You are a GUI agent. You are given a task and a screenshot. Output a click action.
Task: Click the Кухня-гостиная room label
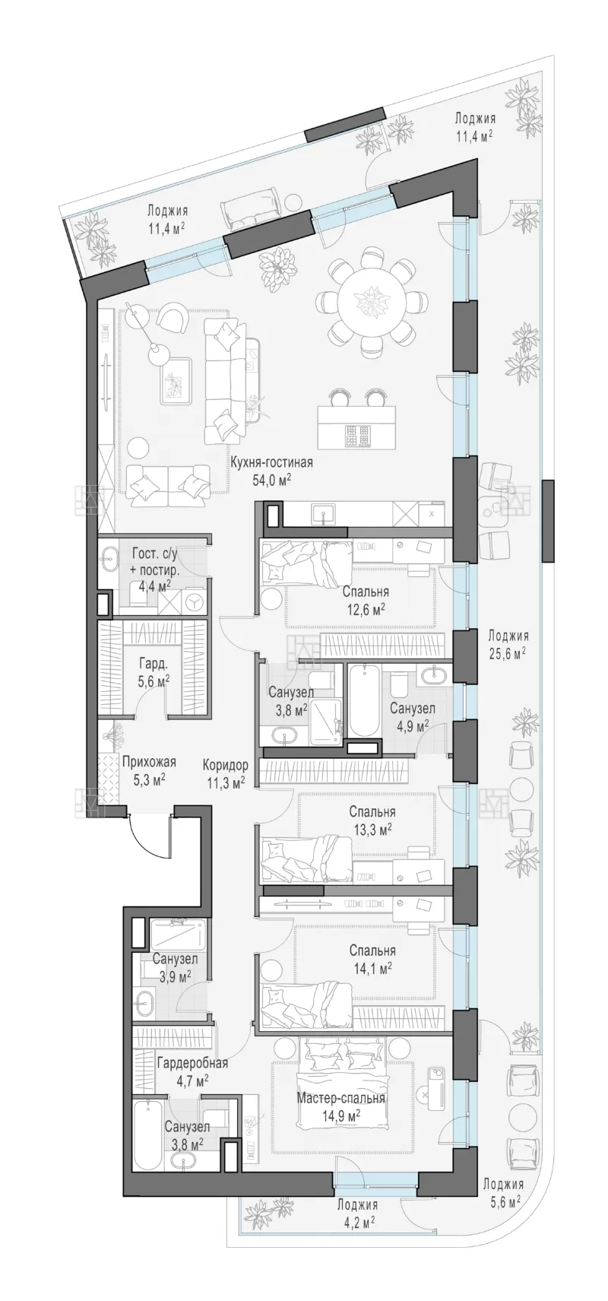[271, 463]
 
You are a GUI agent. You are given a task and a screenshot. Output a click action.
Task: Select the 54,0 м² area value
[271, 480]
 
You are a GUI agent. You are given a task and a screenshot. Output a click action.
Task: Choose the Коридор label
[226, 765]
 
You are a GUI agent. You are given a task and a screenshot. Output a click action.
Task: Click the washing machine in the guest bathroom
[195, 601]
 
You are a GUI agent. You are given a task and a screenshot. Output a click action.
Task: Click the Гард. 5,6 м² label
[154, 671]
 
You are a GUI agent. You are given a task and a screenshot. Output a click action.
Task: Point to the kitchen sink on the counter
[323, 515]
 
